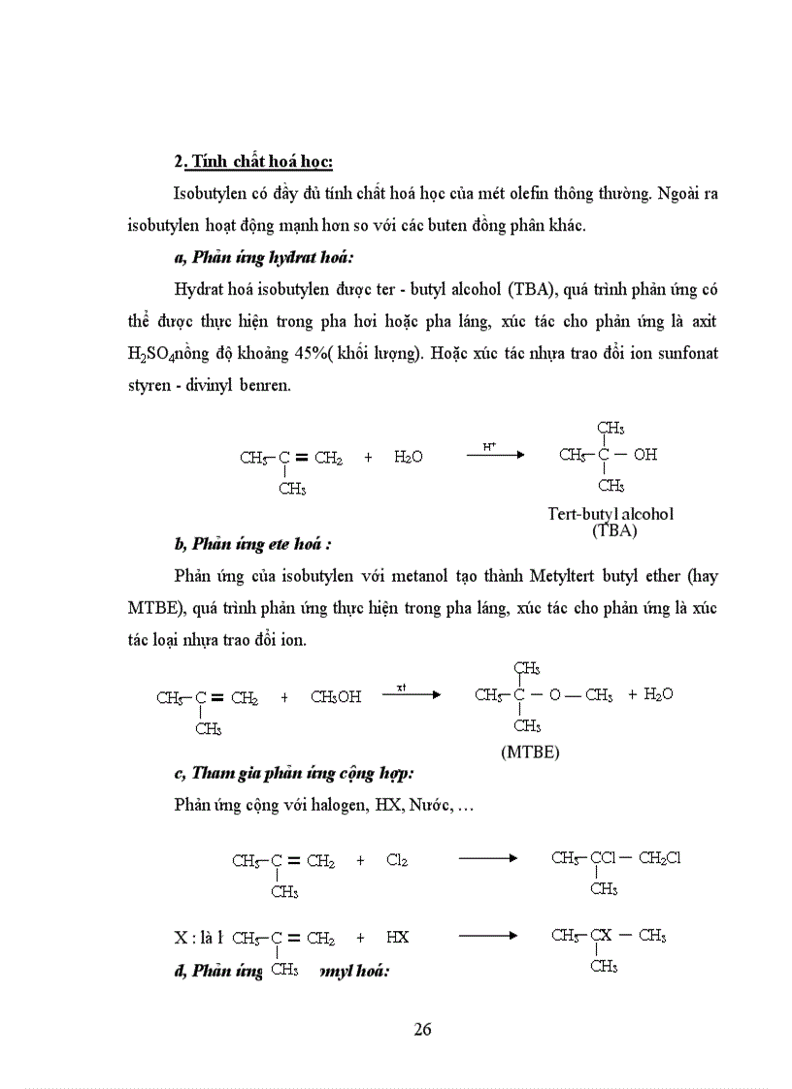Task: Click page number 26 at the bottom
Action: coord(422,1029)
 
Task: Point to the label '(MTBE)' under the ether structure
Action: coord(530,752)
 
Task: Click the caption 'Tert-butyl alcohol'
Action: coord(610,514)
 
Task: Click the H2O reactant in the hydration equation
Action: coord(409,457)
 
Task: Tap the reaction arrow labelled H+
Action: coord(495,454)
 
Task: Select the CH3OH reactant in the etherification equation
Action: coord(336,696)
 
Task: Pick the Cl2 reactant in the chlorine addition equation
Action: coord(397,859)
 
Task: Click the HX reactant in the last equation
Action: coord(397,938)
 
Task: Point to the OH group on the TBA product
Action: coord(644,454)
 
